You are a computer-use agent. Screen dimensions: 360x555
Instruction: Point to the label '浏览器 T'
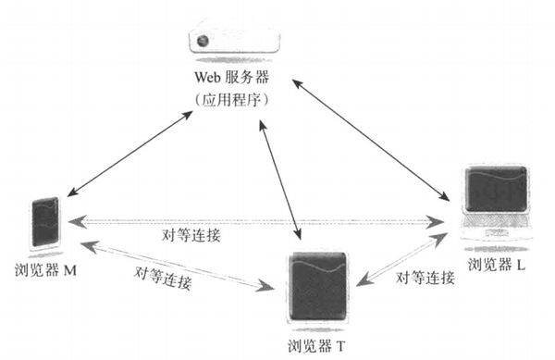tap(315, 344)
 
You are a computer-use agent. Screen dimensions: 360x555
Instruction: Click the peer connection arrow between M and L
tap(259, 221)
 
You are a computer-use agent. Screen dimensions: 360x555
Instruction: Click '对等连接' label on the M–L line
tap(191, 235)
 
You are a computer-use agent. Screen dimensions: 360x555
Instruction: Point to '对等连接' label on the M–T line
tap(163, 278)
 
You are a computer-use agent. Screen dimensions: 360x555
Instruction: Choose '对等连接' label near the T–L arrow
tap(425, 278)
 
